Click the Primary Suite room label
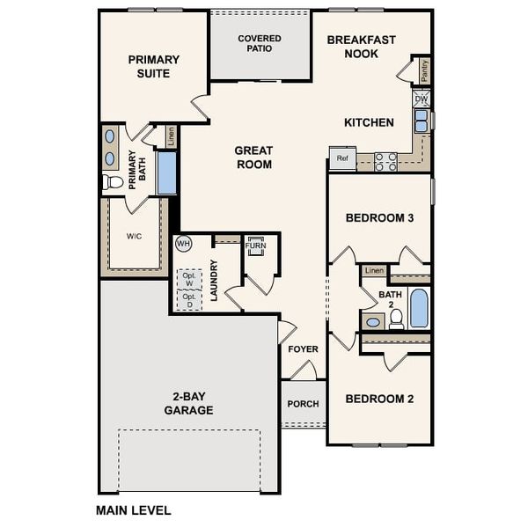(154, 67)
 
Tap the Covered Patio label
(260, 43)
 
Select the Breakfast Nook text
(361, 47)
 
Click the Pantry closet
(425, 70)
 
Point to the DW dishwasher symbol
(422, 99)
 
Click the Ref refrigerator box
(342, 158)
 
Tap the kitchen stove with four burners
(385, 161)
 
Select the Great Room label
(253, 158)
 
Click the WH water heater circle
(184, 243)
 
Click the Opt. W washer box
(187, 277)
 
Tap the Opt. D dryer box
(187, 299)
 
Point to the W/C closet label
(134, 236)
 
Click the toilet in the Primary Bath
(113, 182)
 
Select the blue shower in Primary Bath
(166, 172)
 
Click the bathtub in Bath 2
(419, 308)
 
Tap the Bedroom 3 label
(379, 218)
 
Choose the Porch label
(303, 405)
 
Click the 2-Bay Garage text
(188, 403)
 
